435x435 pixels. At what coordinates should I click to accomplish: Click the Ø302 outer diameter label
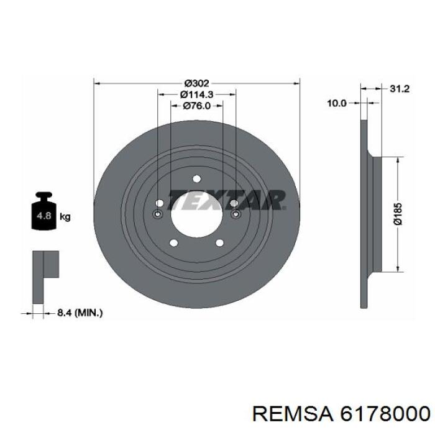[x=196, y=83]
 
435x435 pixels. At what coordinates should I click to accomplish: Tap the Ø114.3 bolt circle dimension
[x=197, y=94]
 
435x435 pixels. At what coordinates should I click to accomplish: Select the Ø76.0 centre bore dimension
[x=197, y=106]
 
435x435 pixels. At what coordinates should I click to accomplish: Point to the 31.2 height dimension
[x=400, y=89]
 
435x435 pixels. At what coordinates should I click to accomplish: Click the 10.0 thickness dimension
[x=337, y=104]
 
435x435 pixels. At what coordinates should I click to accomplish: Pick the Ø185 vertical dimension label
[x=398, y=214]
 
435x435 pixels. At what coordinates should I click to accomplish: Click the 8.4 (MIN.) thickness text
[x=80, y=313]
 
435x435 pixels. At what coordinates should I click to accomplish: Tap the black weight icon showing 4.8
[x=44, y=211]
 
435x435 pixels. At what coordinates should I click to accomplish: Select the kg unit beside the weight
[x=65, y=216]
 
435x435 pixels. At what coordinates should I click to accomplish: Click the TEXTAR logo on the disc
[x=226, y=200]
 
